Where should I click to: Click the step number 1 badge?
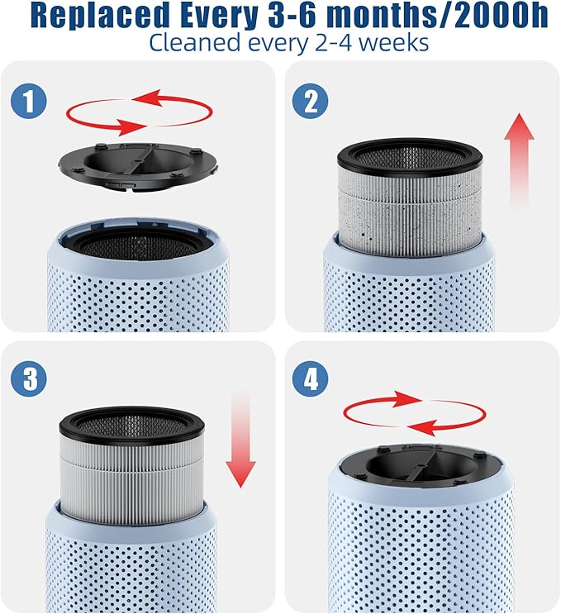[x=28, y=102]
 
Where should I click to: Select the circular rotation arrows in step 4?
[x=415, y=413]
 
